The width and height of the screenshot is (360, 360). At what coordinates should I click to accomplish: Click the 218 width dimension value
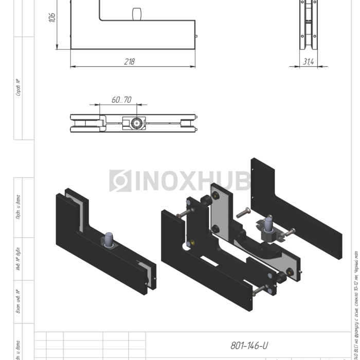pyautogui.click(x=130, y=62)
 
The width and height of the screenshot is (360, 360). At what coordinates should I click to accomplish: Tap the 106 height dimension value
pyautogui.click(x=52, y=18)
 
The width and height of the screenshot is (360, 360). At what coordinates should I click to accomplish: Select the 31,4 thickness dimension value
pyautogui.click(x=309, y=62)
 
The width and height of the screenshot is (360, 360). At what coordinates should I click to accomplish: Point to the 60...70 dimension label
pyautogui.click(x=121, y=100)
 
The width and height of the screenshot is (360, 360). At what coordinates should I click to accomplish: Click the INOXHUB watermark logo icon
pyautogui.click(x=120, y=181)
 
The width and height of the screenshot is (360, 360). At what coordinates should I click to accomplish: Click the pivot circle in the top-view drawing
pyautogui.click(x=136, y=123)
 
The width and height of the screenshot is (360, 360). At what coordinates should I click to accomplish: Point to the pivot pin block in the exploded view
pyautogui.click(x=268, y=229)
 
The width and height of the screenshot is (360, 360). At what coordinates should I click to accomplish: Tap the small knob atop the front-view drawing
pyautogui.click(x=137, y=13)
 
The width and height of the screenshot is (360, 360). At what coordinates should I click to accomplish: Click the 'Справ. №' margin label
pyautogui.click(x=19, y=87)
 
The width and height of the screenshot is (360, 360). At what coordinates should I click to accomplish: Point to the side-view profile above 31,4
pyautogui.click(x=309, y=26)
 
